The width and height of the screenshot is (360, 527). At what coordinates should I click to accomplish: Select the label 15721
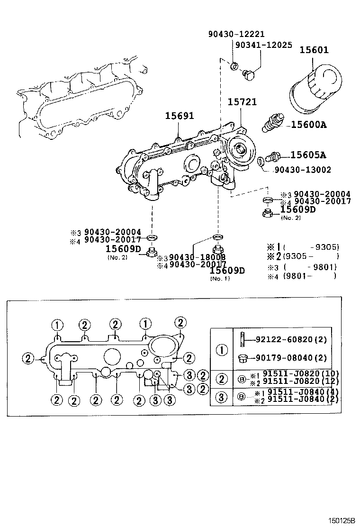point(242,102)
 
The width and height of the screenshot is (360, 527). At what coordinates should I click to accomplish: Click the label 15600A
point(309,125)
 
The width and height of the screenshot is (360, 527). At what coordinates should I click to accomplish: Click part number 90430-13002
point(303,170)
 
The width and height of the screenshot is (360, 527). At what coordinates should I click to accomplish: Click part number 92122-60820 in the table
point(291,340)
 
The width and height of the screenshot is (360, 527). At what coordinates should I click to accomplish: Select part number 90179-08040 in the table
point(291,358)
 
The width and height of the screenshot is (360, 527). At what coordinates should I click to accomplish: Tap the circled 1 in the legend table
point(222,350)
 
